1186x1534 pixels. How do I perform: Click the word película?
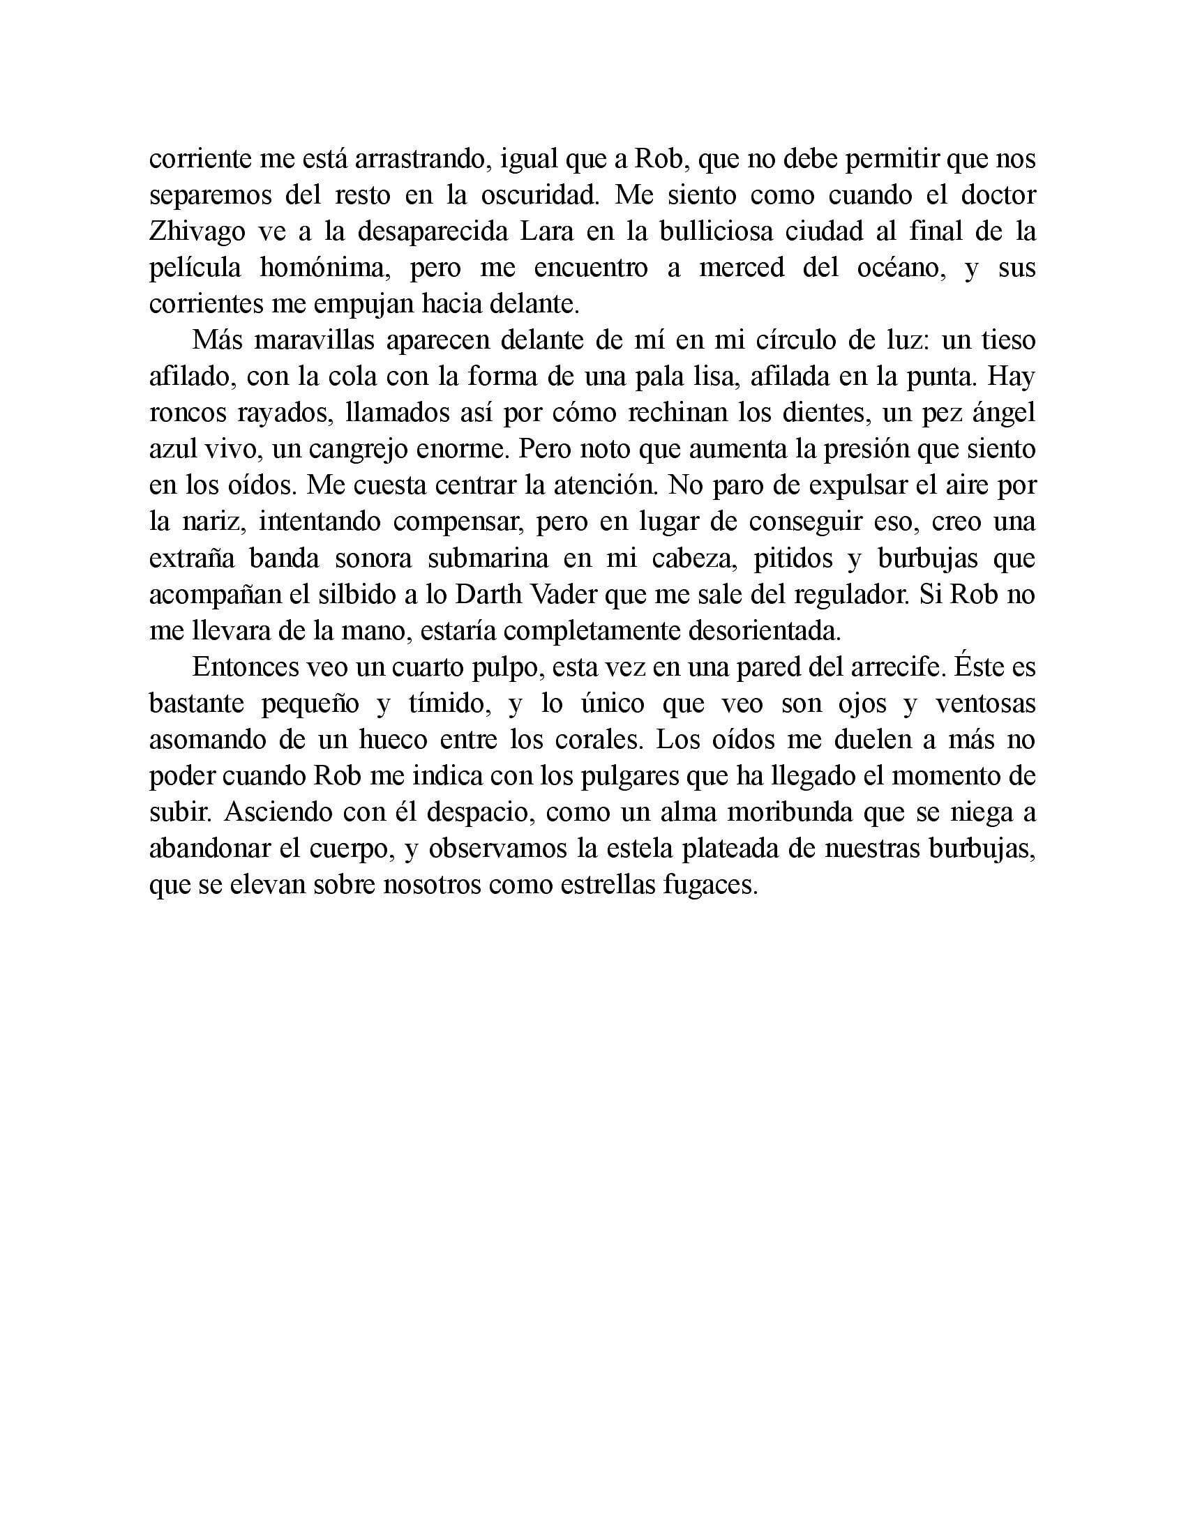(x=195, y=269)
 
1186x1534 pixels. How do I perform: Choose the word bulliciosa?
(x=726, y=232)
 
